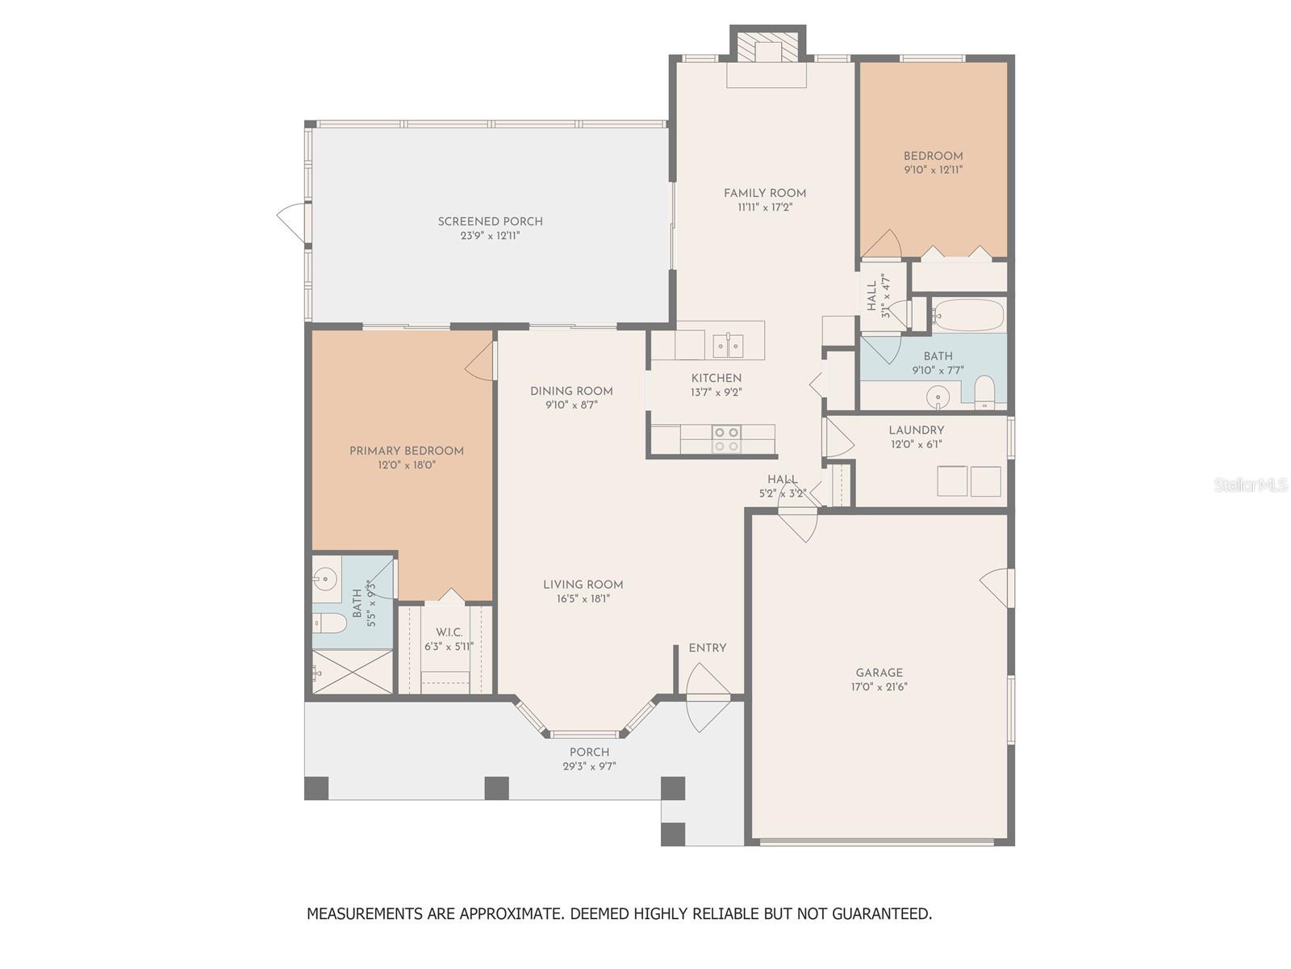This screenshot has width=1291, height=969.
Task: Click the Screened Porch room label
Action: pos(490,221)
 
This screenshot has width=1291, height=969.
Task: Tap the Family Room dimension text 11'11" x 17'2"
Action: pos(765,207)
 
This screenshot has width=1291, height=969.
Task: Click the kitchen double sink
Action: pos(728,346)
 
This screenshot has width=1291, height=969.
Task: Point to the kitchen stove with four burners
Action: pos(725,439)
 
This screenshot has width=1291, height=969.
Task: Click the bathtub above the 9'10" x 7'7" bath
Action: pos(967,316)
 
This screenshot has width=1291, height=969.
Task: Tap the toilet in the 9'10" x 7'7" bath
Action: pos(984,392)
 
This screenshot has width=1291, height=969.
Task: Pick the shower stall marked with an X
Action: pos(353,672)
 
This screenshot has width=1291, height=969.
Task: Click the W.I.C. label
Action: pos(449,632)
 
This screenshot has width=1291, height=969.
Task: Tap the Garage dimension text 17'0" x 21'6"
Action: pos(879,686)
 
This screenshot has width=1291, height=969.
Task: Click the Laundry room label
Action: pos(917,430)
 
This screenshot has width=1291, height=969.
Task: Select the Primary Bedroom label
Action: pos(407,451)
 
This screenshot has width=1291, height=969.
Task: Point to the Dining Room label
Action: pos(571,391)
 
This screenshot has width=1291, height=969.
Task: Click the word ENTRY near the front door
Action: pos(708,648)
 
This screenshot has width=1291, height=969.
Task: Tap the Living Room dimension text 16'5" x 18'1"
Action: pos(583,599)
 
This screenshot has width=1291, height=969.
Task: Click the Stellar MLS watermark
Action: pos(1251,484)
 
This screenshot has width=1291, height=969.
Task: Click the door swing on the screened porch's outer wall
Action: pos(292,222)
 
